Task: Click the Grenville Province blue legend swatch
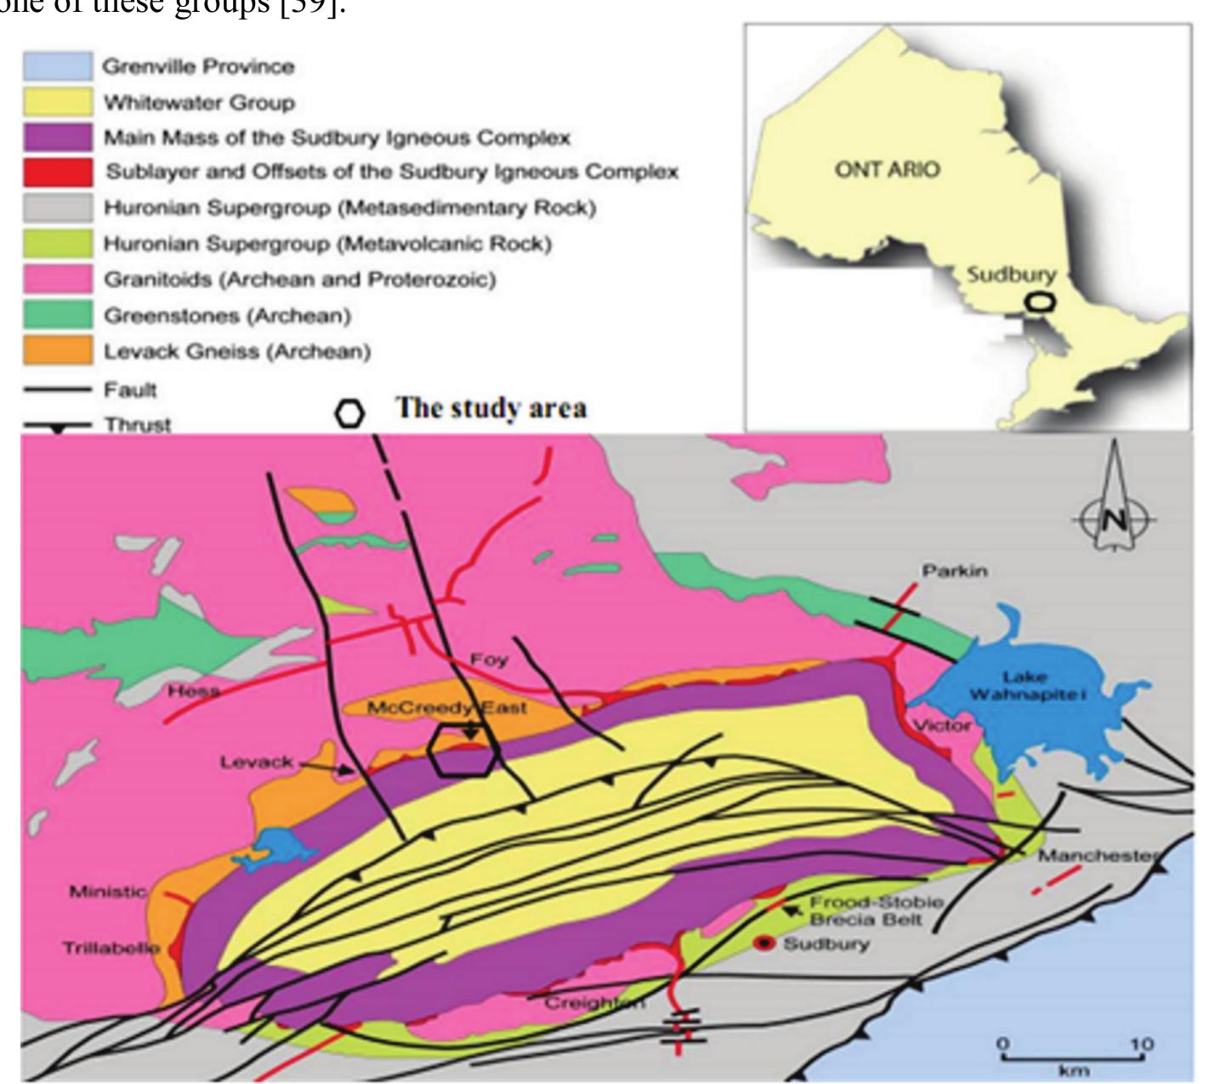[x=57, y=65]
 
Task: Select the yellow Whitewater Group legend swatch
[x=57, y=102]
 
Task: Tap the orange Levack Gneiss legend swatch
[x=57, y=350]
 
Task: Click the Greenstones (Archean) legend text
[x=227, y=315]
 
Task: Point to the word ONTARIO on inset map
[x=888, y=169]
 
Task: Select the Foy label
[x=489, y=659]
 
